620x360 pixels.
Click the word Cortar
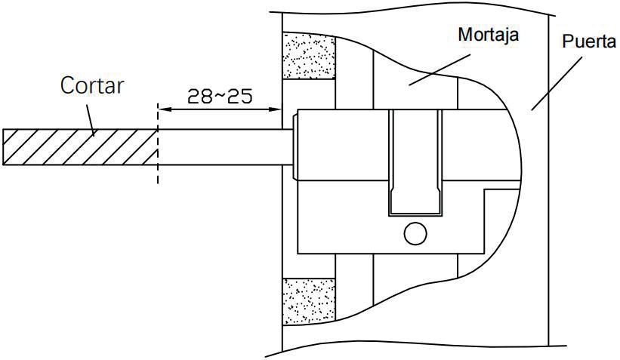(x=91, y=85)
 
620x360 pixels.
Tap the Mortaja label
(x=489, y=35)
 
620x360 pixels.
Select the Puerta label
(x=589, y=41)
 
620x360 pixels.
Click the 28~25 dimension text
(x=220, y=96)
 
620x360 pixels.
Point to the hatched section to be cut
(x=80, y=146)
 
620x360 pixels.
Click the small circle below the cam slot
(x=415, y=233)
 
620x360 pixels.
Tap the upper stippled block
(x=309, y=56)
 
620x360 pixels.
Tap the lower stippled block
(x=309, y=302)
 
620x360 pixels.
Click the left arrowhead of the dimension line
(x=164, y=109)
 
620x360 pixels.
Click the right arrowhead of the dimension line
(x=275, y=109)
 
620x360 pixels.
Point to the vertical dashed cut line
(x=158, y=143)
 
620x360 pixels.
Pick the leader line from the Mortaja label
(x=440, y=69)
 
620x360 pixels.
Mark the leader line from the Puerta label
(x=557, y=83)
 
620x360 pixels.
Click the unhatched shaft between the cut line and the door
(x=225, y=146)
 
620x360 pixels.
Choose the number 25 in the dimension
(x=240, y=96)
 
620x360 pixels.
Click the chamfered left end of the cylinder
(x=295, y=146)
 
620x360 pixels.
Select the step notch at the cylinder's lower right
(x=502, y=221)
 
